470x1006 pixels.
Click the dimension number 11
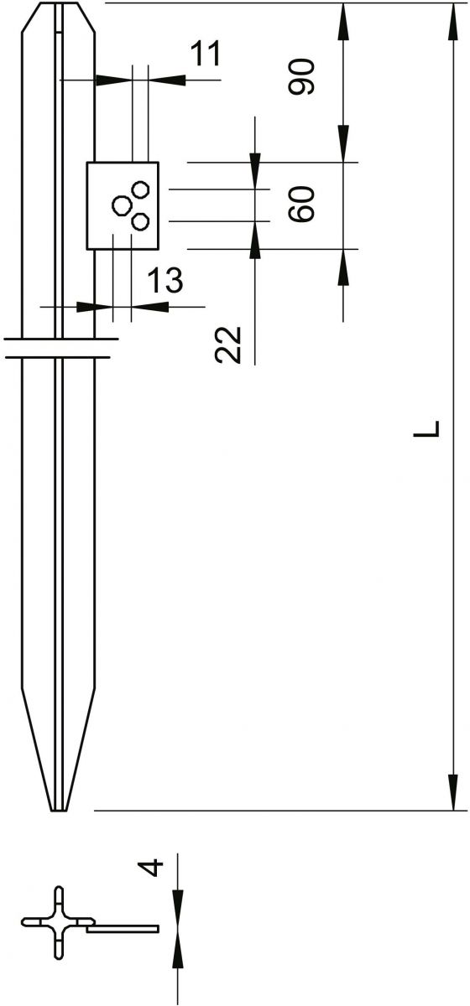click(x=205, y=54)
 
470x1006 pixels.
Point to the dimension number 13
click(x=164, y=280)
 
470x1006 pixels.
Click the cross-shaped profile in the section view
click(x=59, y=922)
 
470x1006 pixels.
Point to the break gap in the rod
click(x=59, y=349)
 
